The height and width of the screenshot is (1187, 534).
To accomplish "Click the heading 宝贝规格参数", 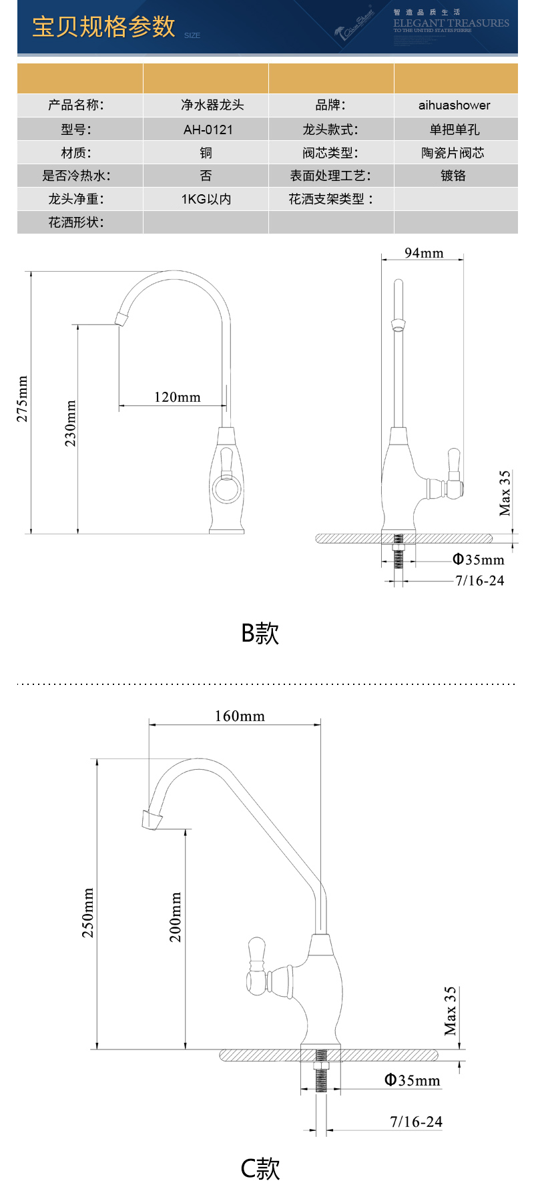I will pos(103,27).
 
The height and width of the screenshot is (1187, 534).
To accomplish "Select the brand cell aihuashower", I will pos(454,105).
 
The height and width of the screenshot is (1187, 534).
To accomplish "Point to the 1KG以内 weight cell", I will pos(206,199).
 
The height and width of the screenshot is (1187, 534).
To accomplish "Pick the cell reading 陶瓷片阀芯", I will pos(453,153).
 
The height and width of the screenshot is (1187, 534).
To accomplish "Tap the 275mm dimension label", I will pos(23,399).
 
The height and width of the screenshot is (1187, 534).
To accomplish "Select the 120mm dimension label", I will pos(177,397).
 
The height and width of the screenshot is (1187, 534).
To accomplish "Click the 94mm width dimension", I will pos(424,252).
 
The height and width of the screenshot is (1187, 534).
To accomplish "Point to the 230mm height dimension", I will pos(70,423).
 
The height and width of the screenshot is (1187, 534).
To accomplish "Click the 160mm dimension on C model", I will pos(239,716).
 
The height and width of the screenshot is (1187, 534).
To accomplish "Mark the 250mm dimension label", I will pos(88,913).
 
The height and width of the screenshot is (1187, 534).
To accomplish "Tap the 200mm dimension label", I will pos(175,917).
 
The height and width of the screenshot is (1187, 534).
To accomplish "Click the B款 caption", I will pos(260,632).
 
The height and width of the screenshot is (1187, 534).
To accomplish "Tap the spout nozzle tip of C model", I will pos(152,819).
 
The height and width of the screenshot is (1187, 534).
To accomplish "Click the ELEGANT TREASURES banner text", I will pos(451,23).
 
